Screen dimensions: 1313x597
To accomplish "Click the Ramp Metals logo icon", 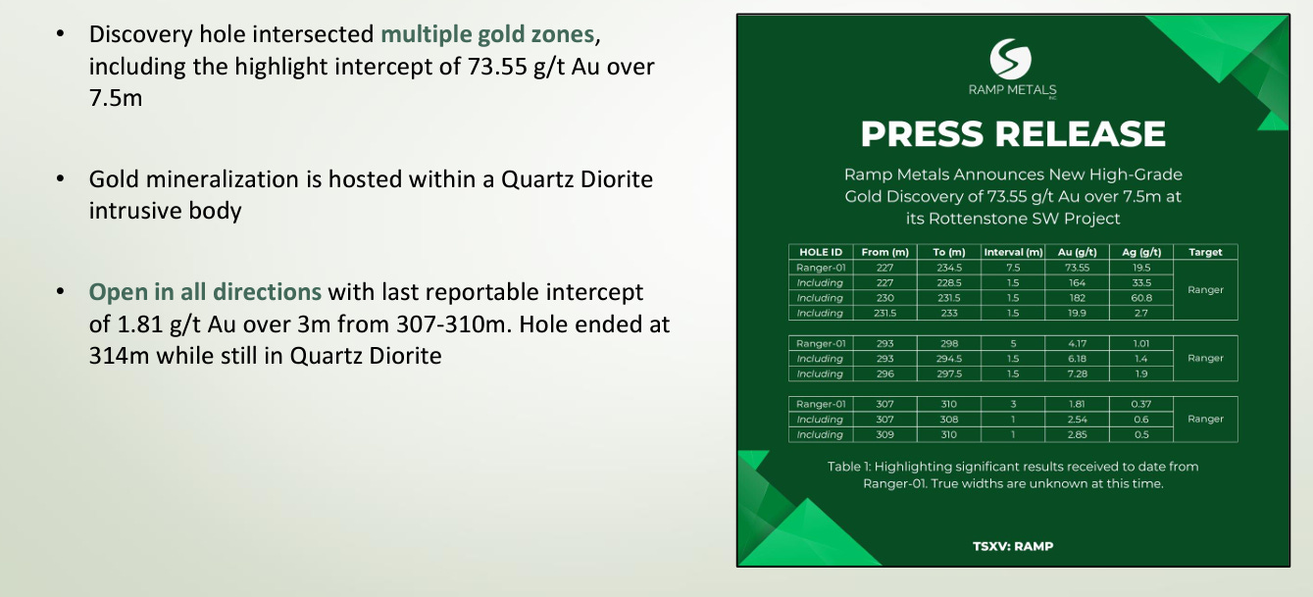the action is (1011, 59).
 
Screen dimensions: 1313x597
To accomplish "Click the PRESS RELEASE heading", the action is (1013, 133).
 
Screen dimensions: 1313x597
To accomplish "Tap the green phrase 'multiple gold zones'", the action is (487, 34).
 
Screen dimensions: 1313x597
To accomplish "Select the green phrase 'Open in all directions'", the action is (205, 292).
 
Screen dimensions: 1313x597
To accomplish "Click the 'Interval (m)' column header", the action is (1013, 252).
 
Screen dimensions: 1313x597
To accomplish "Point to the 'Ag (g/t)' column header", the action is (1141, 252).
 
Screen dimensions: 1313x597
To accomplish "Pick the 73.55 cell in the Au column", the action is (1077, 268).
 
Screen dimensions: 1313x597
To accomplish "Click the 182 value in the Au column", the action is (1077, 298).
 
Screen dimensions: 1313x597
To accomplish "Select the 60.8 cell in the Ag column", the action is (1141, 298).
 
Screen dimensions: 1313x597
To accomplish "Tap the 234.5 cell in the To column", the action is (949, 268).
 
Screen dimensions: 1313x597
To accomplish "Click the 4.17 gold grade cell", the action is (1077, 343).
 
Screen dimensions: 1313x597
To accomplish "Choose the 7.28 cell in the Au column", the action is (1077, 373).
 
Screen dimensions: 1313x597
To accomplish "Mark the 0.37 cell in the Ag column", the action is (1141, 404).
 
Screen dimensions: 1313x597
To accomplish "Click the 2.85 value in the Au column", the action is (1077, 434).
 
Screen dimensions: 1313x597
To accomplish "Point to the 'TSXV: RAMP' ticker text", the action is (1013, 547).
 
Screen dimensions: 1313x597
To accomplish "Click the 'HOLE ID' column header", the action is (821, 252).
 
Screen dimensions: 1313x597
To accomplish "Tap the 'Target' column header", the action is (1205, 252).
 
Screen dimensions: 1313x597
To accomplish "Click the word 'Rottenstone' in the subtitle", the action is (970, 219).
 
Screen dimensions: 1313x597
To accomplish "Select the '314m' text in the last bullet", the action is (119, 356).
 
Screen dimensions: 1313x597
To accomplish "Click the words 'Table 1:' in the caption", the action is (849, 467).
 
